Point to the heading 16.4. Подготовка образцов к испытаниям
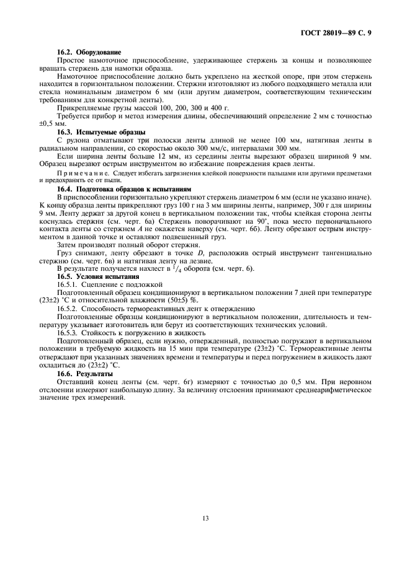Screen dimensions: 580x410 point(124,188)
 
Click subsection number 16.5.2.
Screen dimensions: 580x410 point(69,308)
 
